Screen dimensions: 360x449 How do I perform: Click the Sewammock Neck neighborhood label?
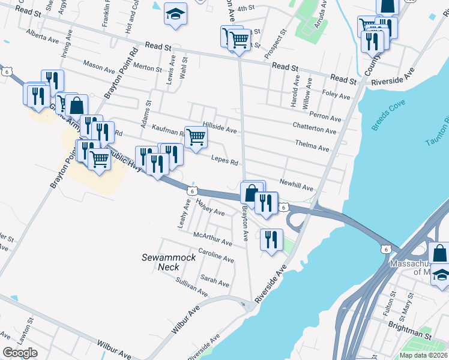(x=160, y=262)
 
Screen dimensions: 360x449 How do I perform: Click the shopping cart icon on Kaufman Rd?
(x=196, y=139)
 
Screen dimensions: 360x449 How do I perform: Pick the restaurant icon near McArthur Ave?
(x=271, y=240)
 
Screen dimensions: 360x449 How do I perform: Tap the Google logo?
(x=20, y=353)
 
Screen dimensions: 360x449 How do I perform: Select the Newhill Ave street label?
(x=297, y=185)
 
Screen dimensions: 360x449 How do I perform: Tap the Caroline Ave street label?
(x=215, y=256)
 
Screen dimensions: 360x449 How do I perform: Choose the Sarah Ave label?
(x=215, y=280)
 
